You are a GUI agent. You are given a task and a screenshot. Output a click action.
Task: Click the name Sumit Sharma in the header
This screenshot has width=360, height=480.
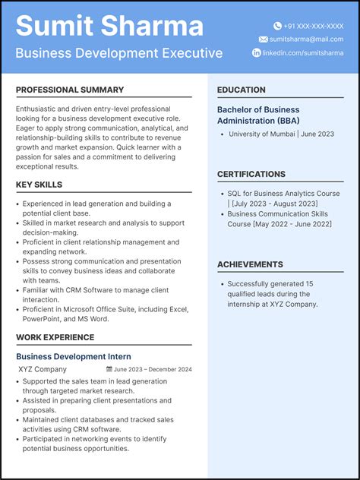(109, 26)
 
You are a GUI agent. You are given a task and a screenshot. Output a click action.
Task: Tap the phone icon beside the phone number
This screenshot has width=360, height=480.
(277, 26)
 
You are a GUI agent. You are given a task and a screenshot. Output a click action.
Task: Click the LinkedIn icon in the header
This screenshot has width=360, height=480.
(257, 52)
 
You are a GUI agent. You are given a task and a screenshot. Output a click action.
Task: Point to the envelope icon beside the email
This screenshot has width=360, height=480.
(263, 39)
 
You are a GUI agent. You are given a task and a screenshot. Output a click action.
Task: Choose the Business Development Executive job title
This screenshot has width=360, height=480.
(119, 53)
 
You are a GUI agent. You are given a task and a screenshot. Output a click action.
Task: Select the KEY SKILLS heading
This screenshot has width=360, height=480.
(39, 185)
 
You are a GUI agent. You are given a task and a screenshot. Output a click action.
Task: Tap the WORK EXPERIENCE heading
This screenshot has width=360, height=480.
(55, 337)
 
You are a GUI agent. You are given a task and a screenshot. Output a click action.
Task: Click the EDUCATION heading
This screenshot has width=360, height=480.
(242, 90)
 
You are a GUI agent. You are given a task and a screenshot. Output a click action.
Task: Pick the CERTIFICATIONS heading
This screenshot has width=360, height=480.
(251, 174)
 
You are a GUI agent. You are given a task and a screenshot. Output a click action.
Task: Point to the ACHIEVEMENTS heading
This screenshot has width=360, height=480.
(250, 264)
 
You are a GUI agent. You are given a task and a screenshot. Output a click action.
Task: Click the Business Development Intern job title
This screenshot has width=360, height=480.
(74, 356)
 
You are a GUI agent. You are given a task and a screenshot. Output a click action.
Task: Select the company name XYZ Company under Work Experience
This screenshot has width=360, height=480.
(43, 369)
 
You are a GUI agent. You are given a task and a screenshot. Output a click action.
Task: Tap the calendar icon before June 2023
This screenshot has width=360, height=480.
(109, 370)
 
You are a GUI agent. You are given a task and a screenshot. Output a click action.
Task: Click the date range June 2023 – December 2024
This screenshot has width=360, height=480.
(153, 370)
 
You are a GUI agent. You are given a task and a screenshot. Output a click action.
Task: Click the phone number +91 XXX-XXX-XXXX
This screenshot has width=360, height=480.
(314, 26)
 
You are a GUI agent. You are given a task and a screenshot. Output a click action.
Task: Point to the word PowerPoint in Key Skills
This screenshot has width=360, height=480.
(42, 319)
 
